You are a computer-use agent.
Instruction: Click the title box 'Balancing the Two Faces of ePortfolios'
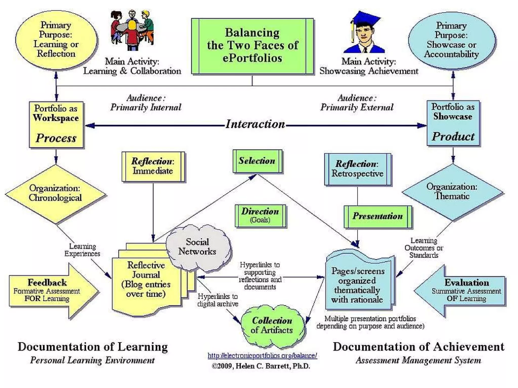[252, 46]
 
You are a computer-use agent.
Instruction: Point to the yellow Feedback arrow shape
[51, 290]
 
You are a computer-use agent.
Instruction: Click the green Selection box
[257, 161]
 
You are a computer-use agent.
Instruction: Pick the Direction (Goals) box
[260, 215]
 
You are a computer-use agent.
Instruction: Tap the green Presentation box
[378, 216]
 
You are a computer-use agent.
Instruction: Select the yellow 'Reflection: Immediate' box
[153, 166]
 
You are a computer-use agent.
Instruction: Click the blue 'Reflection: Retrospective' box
[357, 169]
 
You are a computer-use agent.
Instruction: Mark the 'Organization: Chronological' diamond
[55, 193]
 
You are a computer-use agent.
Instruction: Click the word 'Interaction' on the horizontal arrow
[255, 124]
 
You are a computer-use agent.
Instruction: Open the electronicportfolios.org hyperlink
[262, 356]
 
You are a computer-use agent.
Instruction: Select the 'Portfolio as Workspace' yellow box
[56, 125]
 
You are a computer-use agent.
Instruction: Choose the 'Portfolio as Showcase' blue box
[453, 123]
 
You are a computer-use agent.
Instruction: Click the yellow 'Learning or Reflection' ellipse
[56, 40]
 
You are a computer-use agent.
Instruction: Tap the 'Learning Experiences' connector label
[82, 250]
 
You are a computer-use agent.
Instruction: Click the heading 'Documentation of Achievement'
[418, 347]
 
